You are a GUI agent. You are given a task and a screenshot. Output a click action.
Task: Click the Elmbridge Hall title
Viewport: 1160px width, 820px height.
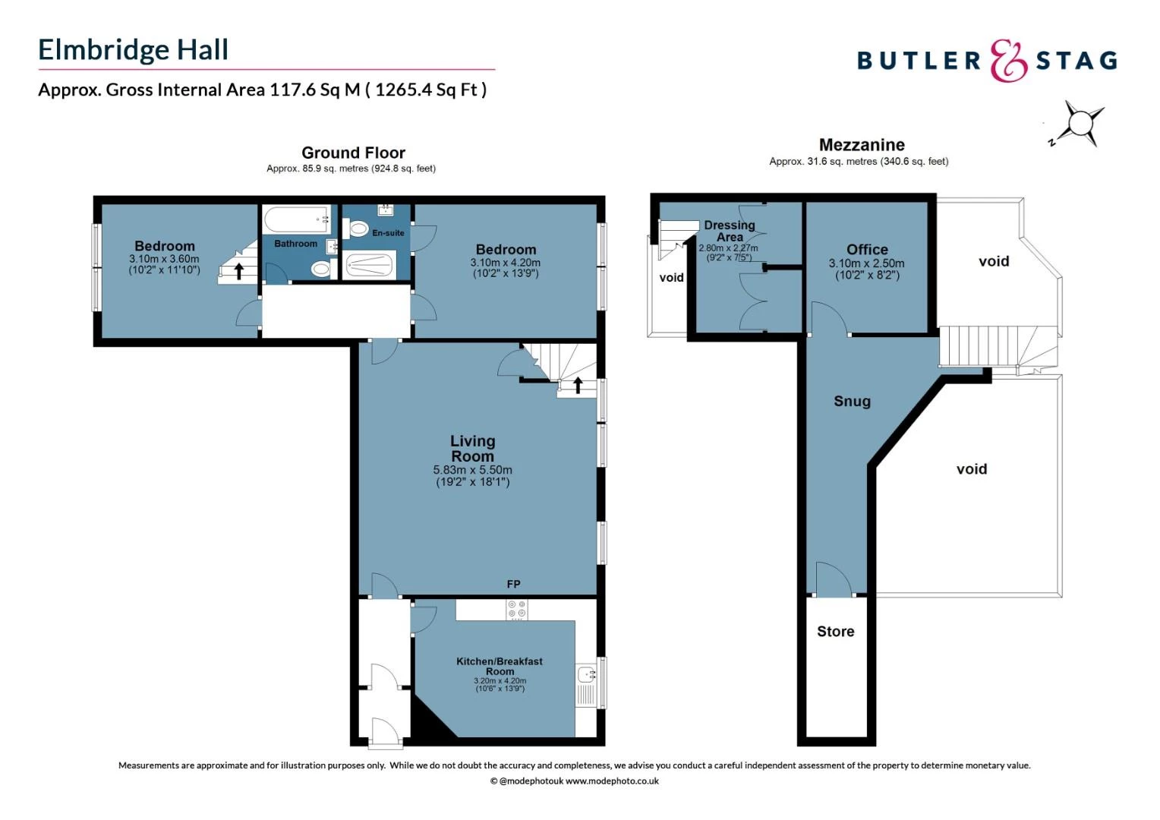133,50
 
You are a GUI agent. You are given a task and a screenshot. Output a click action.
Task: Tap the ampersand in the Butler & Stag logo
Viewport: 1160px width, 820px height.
1008,61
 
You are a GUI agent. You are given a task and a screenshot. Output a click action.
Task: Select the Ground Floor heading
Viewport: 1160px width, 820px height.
353,153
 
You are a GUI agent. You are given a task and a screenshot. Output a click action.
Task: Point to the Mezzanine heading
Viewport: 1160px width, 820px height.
862,145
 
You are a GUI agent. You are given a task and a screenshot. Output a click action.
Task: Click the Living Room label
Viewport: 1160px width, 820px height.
472,448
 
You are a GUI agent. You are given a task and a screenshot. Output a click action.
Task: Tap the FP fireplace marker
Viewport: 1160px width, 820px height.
513,584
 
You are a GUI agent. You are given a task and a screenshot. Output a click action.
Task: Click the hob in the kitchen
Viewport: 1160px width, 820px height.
517,609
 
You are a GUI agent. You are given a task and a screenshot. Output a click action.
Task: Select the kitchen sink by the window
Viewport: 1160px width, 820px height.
587,674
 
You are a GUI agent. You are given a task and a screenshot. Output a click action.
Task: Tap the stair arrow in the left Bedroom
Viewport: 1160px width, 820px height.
239,270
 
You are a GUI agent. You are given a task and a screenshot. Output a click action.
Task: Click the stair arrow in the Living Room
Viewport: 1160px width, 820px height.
578,385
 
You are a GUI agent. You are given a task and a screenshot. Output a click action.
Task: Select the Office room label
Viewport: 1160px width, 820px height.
867,250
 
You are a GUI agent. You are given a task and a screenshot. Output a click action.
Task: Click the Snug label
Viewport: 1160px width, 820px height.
852,402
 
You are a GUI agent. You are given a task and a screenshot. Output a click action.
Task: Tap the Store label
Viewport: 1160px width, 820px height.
835,632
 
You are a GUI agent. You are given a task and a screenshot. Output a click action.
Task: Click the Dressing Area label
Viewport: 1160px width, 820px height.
729,231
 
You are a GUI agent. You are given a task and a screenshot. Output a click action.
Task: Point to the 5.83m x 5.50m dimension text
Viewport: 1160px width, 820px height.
472,470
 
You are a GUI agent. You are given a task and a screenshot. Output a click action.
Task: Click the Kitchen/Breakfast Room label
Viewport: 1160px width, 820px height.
499,666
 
